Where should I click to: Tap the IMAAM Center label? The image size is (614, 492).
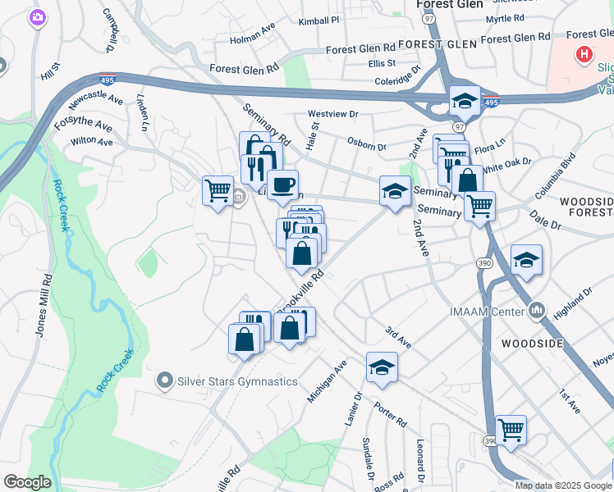(487, 310)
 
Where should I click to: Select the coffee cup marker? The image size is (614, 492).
(283, 186)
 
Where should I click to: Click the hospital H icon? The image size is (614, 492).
(584, 56)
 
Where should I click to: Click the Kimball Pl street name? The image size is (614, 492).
(318, 20)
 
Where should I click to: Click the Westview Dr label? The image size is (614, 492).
(332, 114)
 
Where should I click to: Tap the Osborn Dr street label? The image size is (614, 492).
(366, 145)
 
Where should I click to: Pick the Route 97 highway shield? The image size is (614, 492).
(458, 127)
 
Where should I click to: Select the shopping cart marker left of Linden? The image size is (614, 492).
(218, 191)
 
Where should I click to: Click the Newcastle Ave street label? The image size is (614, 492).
(97, 100)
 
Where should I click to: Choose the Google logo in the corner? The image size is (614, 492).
(27, 482)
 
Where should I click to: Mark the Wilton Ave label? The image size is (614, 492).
(91, 141)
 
